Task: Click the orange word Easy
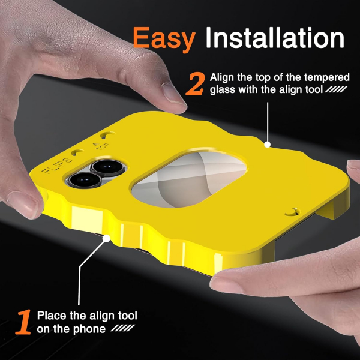tap(164, 39)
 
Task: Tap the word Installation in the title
tap(275, 37)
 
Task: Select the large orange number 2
tap(195, 84)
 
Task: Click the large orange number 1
tap(23, 322)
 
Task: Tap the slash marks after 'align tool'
tap(336, 89)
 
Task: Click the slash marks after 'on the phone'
tap(123, 328)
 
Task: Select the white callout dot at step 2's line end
tap(267, 145)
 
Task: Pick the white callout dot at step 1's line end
tap(106, 238)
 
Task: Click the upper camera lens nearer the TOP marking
tap(108, 168)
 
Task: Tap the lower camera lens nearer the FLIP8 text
tap(85, 180)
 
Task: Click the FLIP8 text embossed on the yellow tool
tap(57, 165)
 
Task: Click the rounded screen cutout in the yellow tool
tap(190, 179)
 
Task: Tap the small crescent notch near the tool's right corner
tap(293, 212)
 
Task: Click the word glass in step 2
tap(223, 90)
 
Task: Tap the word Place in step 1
tap(52, 316)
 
